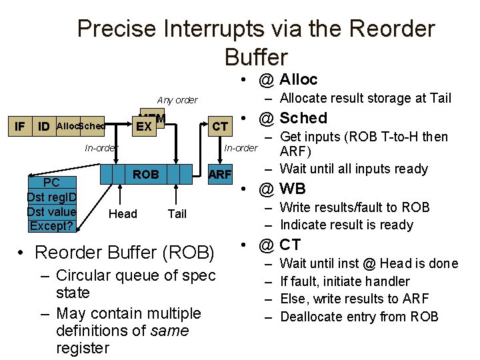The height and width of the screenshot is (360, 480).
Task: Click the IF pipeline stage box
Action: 21,126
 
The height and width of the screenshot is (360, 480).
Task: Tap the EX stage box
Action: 142,125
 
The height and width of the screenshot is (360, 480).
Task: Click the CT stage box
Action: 219,126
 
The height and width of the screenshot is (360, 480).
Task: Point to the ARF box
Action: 219,175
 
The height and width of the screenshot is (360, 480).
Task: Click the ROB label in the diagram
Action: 145,175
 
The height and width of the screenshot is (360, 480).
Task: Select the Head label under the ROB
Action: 123,213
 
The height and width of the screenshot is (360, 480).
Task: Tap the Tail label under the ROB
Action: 177,213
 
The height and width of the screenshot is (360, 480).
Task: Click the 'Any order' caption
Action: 177,100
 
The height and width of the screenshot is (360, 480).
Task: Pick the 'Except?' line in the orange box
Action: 51,225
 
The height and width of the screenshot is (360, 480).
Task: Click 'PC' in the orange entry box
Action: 51,183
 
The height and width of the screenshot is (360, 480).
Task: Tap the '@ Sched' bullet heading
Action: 293,118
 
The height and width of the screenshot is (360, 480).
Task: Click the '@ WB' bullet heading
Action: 283,188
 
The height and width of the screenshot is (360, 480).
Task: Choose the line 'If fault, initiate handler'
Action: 345,281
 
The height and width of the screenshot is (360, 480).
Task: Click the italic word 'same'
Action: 170,330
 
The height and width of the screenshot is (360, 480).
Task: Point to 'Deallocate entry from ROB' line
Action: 359,316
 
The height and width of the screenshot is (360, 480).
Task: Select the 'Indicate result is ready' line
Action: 347,225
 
